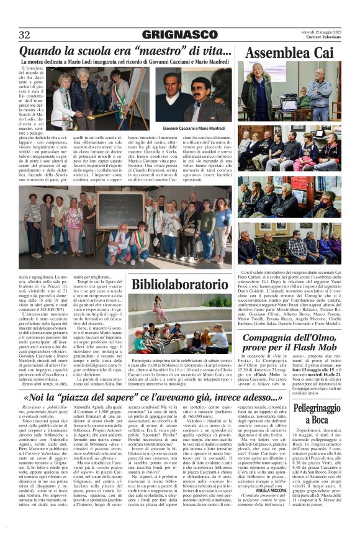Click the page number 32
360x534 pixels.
[24, 34]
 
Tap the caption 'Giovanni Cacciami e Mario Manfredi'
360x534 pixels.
[193, 129]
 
